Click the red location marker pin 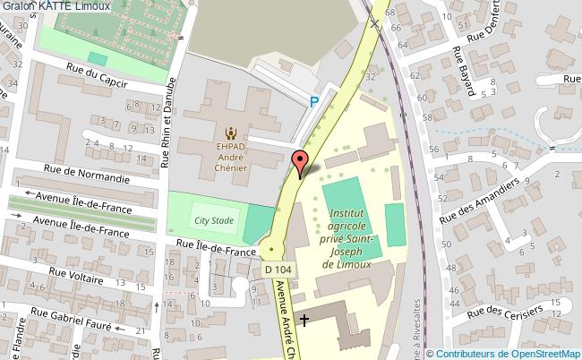point(300,163)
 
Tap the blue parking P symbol point(313,103)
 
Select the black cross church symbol point(304,320)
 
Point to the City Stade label point(214,219)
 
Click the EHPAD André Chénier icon point(232,131)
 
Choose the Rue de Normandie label point(87,174)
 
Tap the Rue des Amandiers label point(479,201)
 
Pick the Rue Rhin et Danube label point(167,121)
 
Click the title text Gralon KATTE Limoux point(56,6)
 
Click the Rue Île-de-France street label point(210,252)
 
